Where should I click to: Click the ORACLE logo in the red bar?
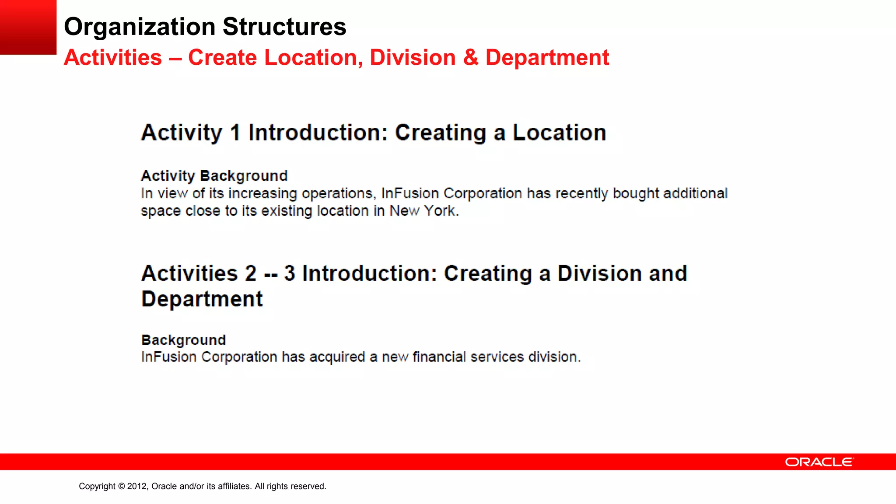(x=819, y=462)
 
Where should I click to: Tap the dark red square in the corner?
(x=28, y=27)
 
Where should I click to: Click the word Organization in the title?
(x=140, y=27)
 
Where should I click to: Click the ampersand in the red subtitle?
(x=471, y=58)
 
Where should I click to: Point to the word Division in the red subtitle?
(x=413, y=58)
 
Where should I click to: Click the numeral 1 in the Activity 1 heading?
(x=235, y=133)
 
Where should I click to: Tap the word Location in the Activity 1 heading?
(x=559, y=133)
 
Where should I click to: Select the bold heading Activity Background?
(x=214, y=176)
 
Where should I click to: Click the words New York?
(x=424, y=211)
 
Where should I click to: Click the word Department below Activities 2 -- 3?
(x=202, y=299)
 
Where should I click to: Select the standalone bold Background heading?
(x=183, y=340)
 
